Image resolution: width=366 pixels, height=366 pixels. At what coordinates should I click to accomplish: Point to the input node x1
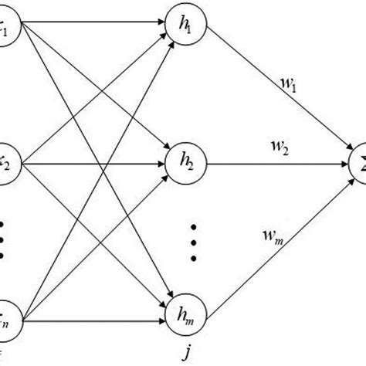(x=6, y=32)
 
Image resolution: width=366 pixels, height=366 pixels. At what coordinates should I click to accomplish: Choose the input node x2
(x=6, y=163)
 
